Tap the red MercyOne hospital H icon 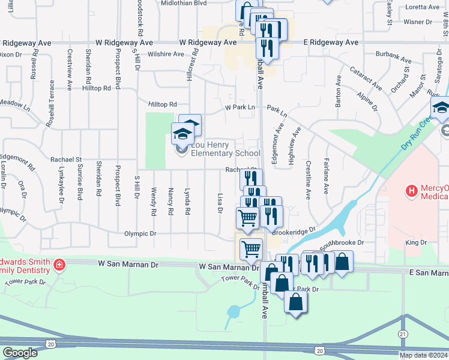[411, 191]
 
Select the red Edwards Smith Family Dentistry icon [59, 265]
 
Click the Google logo [20, 352]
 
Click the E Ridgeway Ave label [330, 43]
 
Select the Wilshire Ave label [166, 54]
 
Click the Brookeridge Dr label [294, 231]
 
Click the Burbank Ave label [394, 61]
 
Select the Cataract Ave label [366, 79]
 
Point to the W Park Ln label [240, 107]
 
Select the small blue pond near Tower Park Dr [232, 312]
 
